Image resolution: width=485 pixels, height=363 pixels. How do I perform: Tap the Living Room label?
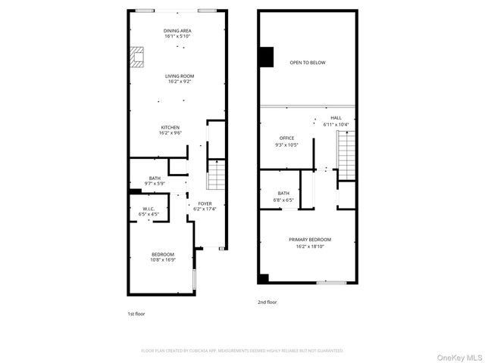pos(180,78)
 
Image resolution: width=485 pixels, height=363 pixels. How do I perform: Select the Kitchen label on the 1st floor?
pos(170,129)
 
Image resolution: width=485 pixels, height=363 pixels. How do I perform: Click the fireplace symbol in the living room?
pos(136,57)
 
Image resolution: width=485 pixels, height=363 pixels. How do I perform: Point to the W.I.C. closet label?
pos(149,212)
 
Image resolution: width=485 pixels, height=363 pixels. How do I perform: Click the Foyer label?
pos(205,206)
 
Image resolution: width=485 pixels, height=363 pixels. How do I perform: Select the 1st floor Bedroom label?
pos(163,256)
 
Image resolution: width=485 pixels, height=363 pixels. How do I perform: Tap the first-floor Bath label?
pos(155,180)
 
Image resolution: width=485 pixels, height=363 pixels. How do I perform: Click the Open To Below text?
pos(307,63)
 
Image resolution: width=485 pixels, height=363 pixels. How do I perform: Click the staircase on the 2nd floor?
pos(346,155)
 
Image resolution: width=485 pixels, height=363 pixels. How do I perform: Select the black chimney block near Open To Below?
pos(265,57)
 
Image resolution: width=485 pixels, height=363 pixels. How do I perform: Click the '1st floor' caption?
pos(136,312)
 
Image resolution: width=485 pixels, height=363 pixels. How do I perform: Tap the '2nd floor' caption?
pos(267,302)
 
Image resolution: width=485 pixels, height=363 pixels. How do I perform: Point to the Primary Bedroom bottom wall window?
pos(332,283)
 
